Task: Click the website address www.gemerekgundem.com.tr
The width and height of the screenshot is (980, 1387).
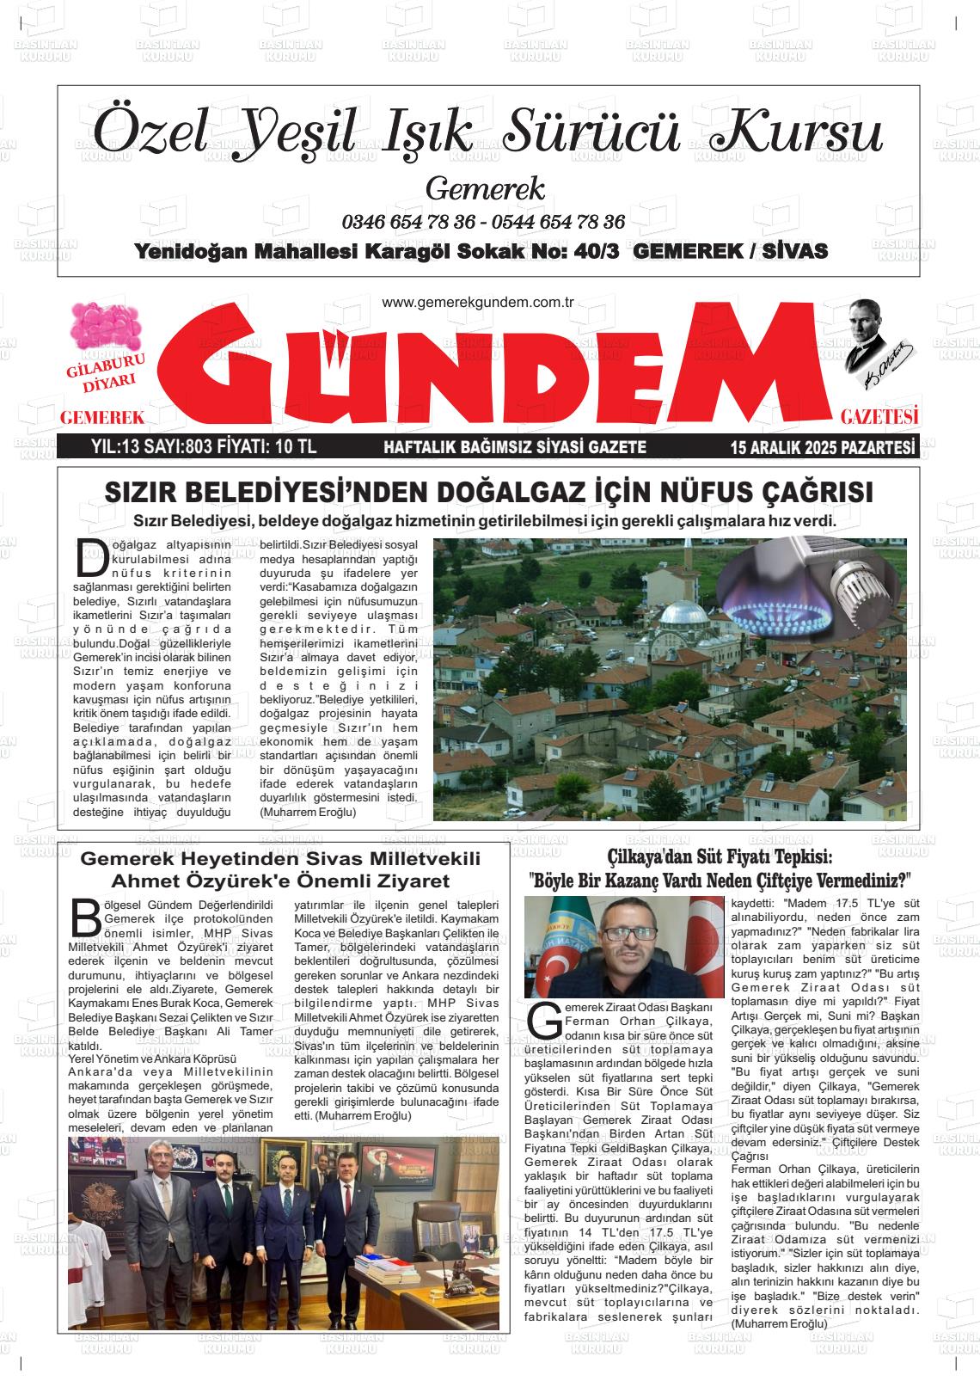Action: point(477,303)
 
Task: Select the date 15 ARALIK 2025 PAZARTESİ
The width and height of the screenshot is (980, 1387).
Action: point(821,447)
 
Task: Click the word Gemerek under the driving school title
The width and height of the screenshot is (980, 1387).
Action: point(485,187)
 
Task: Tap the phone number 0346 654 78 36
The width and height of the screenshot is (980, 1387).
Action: point(408,221)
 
